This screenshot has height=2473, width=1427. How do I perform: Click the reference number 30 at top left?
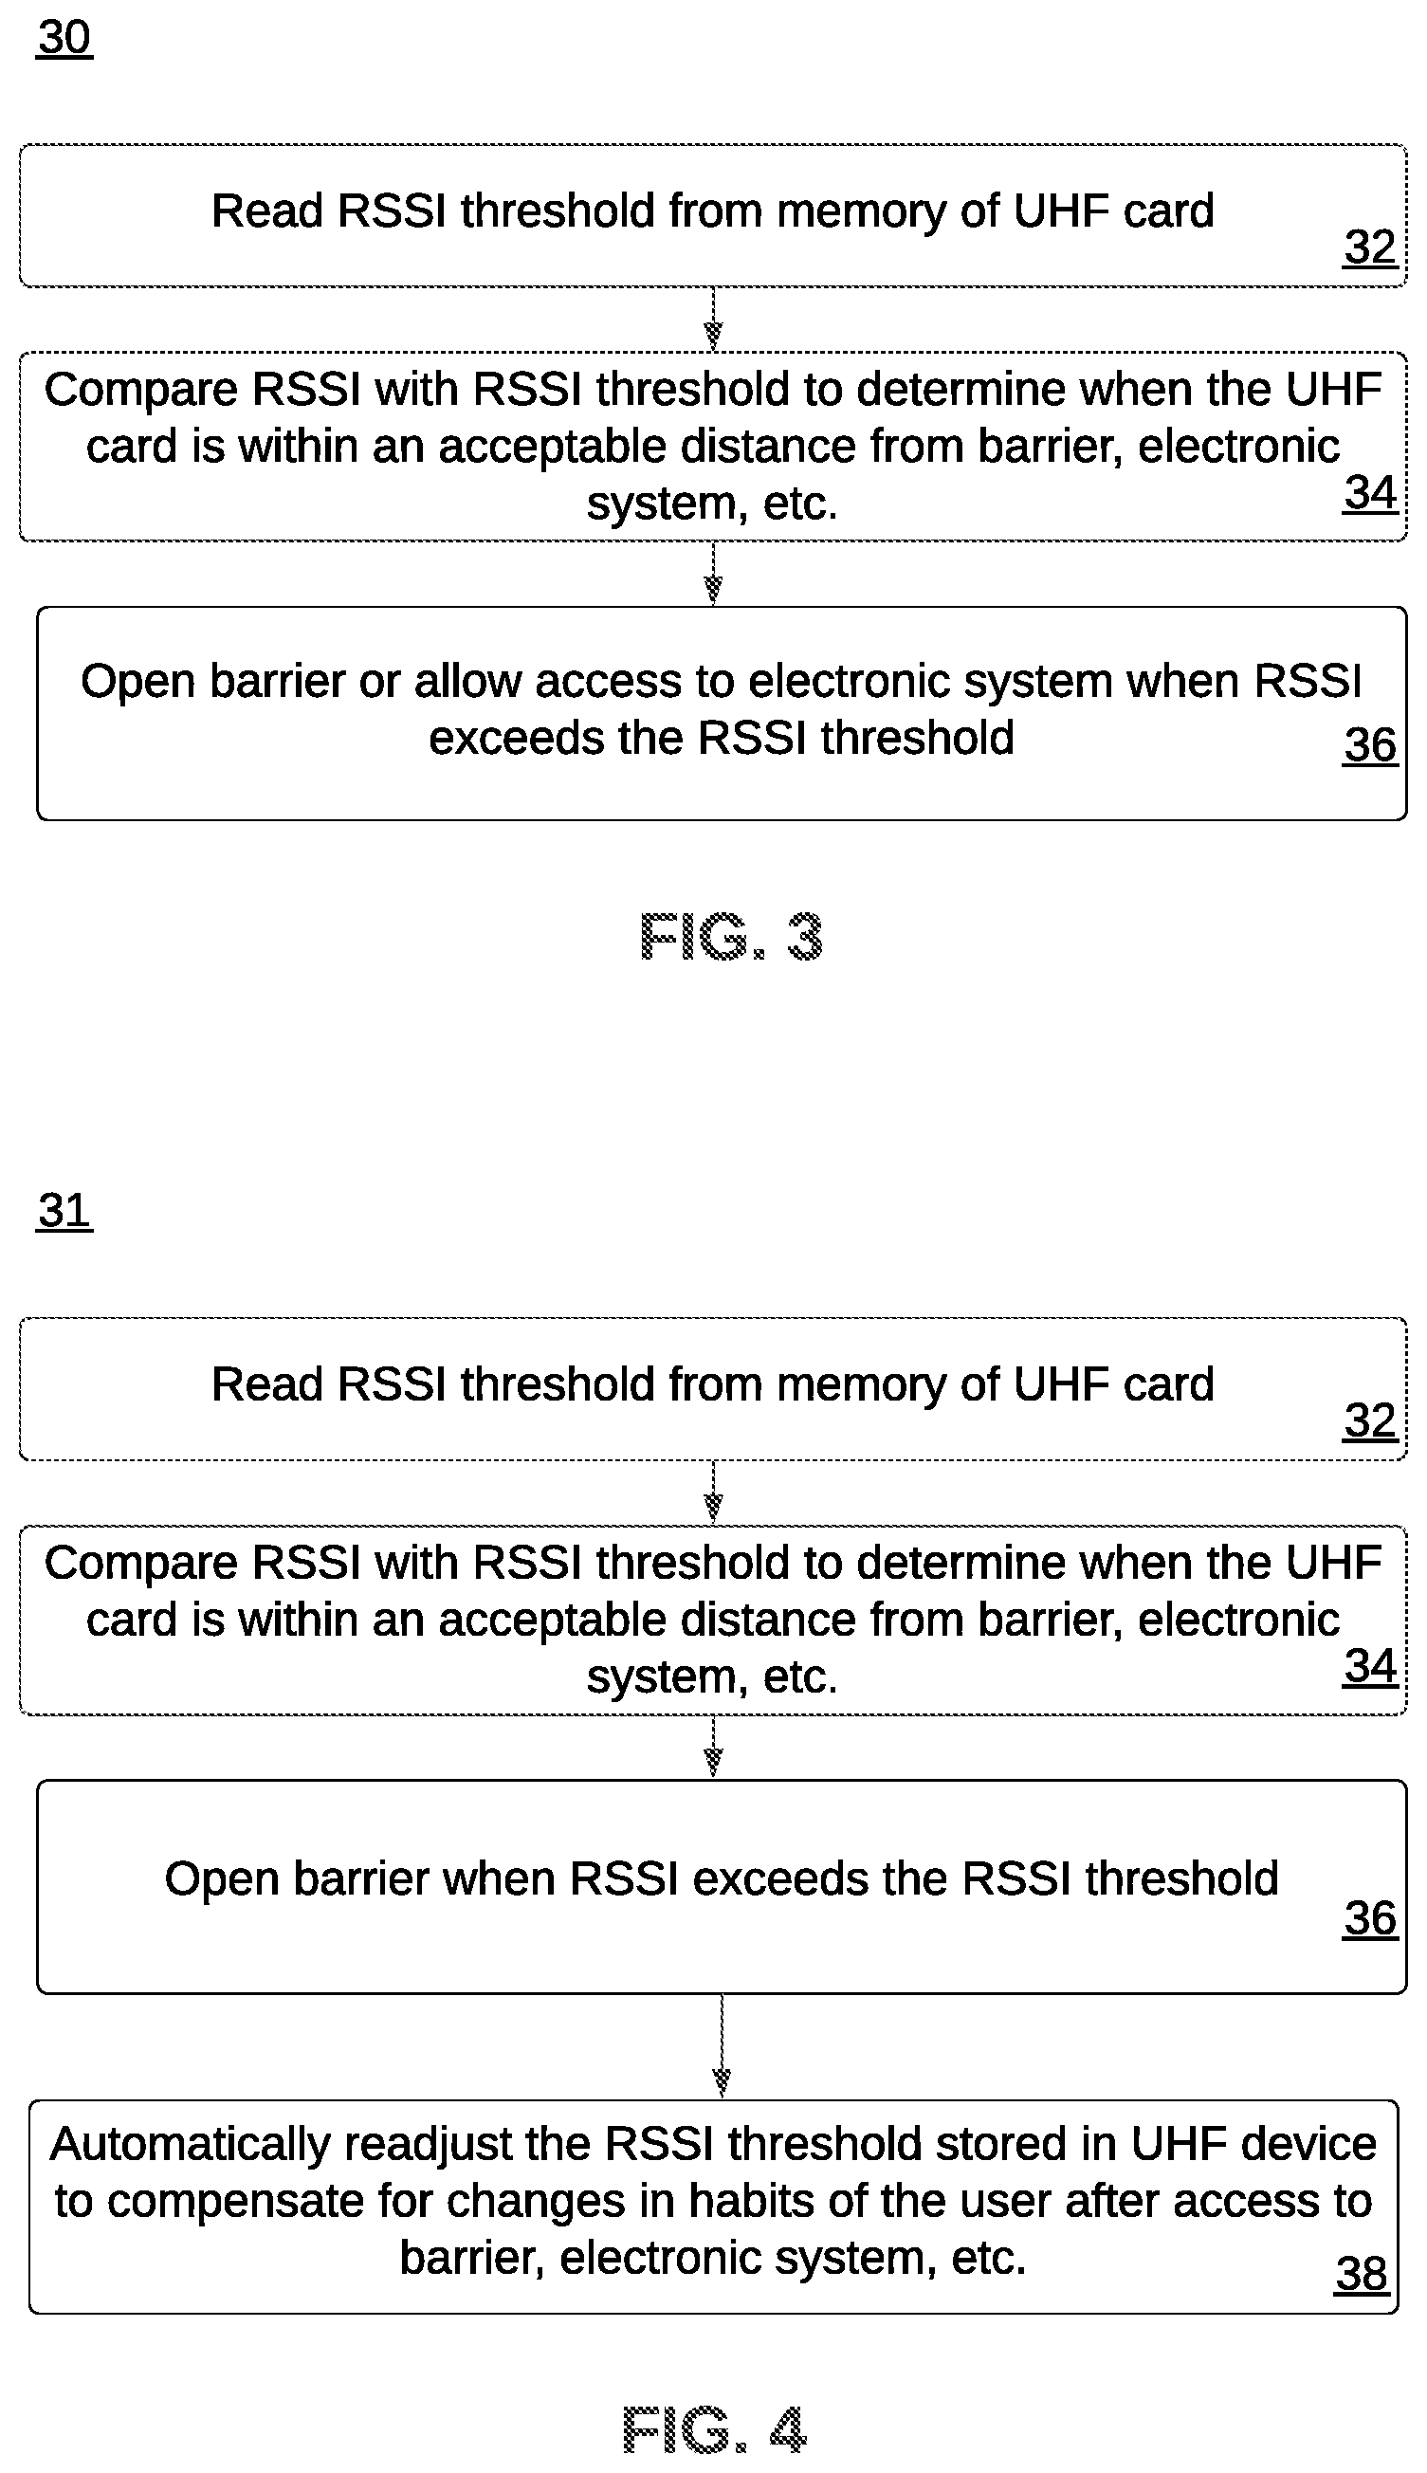64,38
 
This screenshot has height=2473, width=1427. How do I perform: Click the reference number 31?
64,1212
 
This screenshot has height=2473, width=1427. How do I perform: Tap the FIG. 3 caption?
730,936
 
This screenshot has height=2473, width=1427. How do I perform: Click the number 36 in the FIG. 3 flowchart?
1369,745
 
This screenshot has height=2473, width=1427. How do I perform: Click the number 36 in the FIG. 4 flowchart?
1369,1918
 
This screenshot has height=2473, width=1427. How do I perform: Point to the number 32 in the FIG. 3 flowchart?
1369,247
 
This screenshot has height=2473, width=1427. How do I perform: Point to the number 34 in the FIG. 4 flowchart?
1369,1666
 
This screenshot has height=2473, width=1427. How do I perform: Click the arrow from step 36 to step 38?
722,2046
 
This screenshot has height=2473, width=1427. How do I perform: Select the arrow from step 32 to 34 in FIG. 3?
713,320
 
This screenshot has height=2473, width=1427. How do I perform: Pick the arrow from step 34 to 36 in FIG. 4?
713,1748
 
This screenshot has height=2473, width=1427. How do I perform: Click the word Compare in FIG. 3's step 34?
141,390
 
